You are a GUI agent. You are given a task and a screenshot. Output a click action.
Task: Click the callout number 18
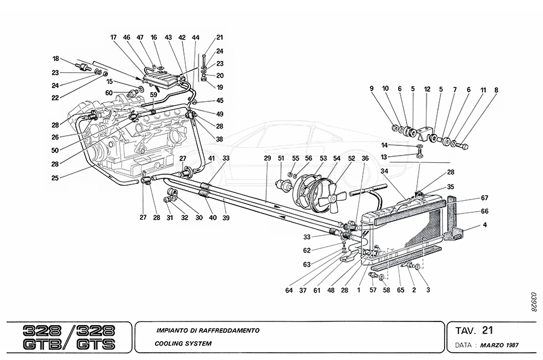[x=56, y=58]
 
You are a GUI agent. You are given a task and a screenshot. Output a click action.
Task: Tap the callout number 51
[x=281, y=159]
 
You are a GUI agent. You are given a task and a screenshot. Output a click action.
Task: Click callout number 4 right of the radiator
[x=484, y=226]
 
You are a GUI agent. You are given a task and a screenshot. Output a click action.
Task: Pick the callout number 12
[x=427, y=89]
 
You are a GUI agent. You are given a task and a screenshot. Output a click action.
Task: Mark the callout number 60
[x=109, y=93]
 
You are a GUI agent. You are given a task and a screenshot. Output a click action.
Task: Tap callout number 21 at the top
[x=219, y=37]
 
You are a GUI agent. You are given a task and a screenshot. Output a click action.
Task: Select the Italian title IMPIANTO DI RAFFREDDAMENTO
[x=207, y=330]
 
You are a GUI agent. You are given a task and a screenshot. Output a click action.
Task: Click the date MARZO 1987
[x=499, y=346]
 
